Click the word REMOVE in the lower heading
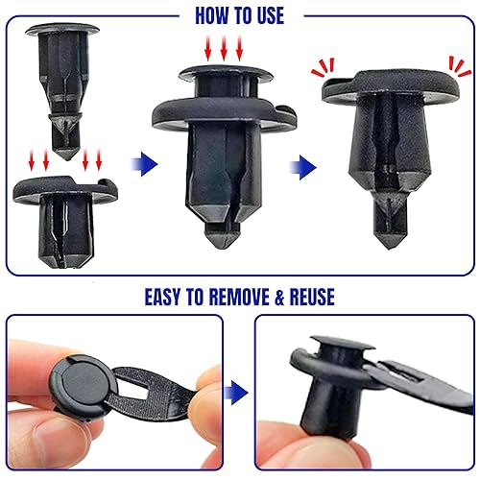(x=259, y=296)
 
